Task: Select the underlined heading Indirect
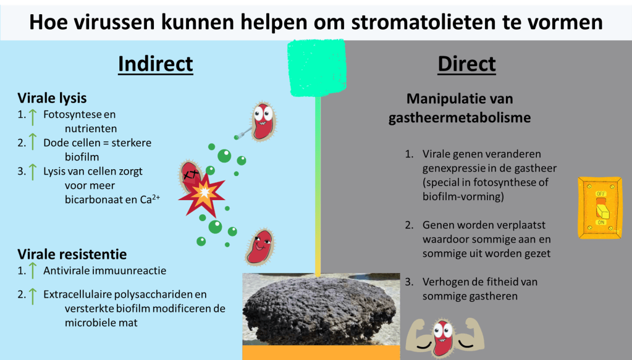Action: [x=156, y=64]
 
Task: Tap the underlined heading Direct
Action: [x=467, y=64]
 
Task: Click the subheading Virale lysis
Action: [x=52, y=98]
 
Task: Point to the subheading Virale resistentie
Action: [x=72, y=254]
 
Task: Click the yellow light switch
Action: [x=600, y=207]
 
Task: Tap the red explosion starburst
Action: [x=202, y=195]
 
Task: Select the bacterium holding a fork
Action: [x=263, y=122]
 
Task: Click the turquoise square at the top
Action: [x=317, y=68]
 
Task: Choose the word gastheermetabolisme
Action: [x=460, y=117]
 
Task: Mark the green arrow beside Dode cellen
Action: [x=33, y=142]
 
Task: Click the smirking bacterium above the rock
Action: [x=259, y=247]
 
